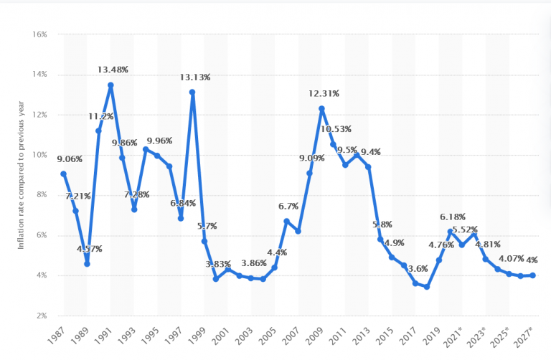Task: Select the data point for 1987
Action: tap(64, 174)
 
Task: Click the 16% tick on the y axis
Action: tap(39, 34)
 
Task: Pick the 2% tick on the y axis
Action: tap(40, 316)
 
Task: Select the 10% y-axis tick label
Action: tap(39, 155)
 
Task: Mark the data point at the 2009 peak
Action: tap(321, 108)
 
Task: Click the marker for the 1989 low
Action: tap(87, 263)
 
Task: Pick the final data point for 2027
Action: tap(532, 275)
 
